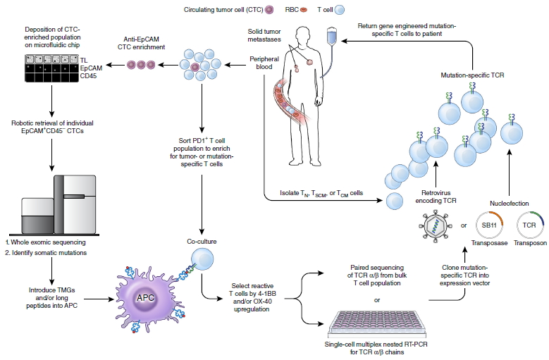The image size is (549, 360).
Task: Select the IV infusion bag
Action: click(330, 36)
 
